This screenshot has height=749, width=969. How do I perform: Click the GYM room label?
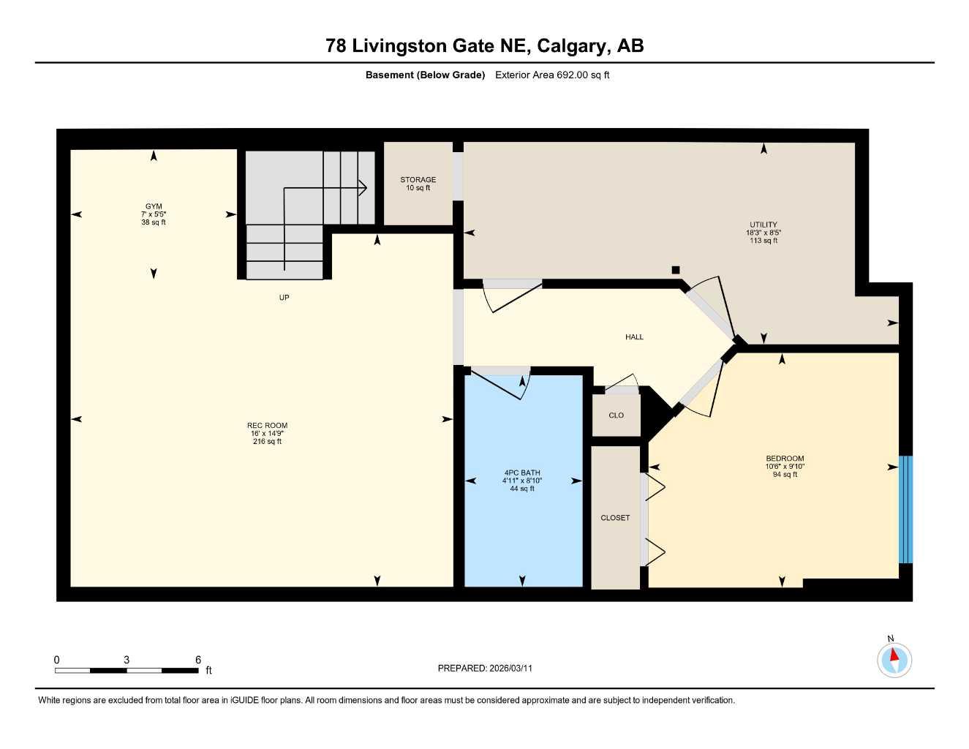[153, 207]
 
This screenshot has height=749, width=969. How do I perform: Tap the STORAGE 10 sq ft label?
[418, 184]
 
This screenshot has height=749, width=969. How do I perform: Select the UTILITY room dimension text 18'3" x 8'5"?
[763, 233]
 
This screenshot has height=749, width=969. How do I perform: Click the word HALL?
[634, 337]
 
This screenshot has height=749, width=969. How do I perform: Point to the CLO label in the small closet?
[616, 415]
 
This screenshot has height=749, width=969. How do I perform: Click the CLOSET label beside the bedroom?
[614, 518]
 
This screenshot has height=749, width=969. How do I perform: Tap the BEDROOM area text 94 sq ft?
[785, 475]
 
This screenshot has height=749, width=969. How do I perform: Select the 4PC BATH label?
[522, 473]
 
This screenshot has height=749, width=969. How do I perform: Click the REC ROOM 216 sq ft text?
[267, 442]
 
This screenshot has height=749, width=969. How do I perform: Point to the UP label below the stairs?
[284, 298]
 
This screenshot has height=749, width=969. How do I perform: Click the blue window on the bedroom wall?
[905, 509]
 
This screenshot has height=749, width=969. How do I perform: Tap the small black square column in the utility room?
[676, 269]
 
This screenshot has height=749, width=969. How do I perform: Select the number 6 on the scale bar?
[198, 660]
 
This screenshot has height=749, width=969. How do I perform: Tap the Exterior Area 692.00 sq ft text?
[552, 75]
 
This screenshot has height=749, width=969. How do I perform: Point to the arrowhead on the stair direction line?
[363, 187]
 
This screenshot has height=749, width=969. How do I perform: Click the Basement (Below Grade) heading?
[425, 75]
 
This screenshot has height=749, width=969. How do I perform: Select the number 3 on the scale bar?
[127, 660]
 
